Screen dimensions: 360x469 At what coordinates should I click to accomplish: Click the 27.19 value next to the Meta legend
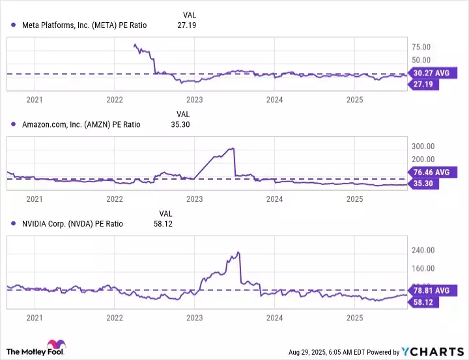point(186,25)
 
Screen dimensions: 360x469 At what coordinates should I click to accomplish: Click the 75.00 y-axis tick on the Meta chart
point(422,47)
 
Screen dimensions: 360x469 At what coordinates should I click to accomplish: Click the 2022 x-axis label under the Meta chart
point(115,100)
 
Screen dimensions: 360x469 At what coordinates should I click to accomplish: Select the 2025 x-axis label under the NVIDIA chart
point(354,318)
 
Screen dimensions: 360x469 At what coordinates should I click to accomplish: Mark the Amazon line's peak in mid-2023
point(233,149)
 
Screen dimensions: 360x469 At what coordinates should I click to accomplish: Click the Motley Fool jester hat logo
point(54,346)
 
